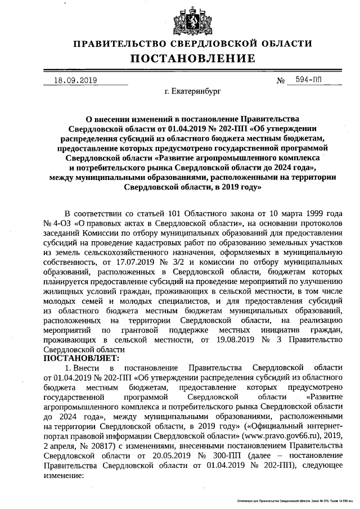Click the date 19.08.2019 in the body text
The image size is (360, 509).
(x=232, y=339)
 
